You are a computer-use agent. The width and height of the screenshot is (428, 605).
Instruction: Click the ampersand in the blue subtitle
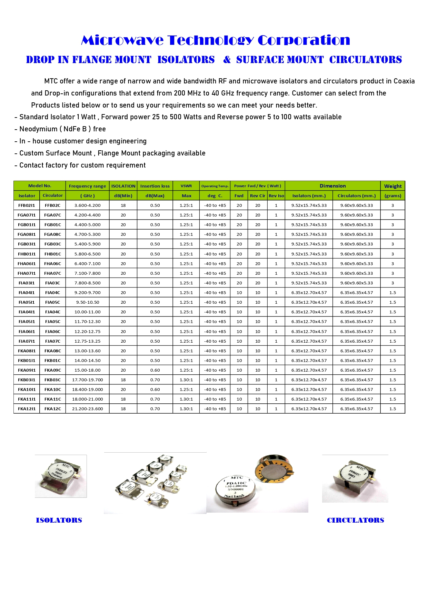[227, 60]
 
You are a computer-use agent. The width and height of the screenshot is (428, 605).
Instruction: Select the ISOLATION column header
[123, 186]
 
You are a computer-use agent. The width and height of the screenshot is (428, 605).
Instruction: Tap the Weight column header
[393, 186]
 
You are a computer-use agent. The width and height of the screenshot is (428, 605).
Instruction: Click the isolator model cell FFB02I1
[27, 205]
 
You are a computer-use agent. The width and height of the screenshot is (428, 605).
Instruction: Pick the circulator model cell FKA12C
[53, 409]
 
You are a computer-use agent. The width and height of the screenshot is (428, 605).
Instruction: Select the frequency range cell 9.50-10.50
[88, 302]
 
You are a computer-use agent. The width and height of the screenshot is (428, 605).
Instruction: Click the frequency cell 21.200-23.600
[88, 409]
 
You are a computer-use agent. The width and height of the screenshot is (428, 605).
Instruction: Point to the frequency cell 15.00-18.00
[88, 370]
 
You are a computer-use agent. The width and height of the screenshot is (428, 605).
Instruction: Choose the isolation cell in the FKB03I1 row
[123, 380]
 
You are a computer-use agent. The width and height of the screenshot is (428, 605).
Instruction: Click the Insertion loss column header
[155, 186]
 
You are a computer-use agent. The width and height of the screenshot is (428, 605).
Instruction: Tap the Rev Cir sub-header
[258, 196]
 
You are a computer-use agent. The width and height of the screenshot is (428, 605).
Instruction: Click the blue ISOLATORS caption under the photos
[59, 520]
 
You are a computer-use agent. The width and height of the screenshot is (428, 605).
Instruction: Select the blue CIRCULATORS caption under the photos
[355, 520]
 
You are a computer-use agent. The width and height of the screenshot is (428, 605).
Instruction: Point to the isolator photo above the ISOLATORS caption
[61, 476]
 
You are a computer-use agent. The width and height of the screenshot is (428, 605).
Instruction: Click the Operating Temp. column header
[215, 186]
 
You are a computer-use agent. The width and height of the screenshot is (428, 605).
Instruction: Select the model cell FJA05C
[53, 322]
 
